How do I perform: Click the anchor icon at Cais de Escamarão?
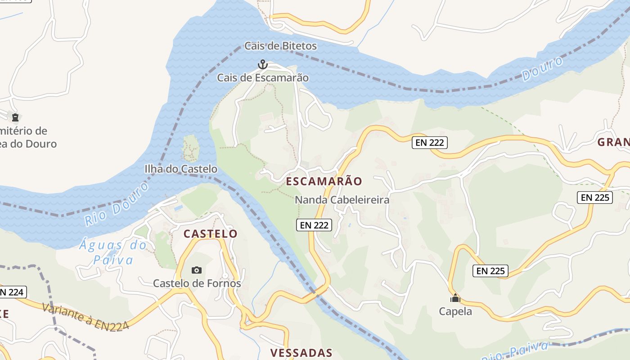[262, 65]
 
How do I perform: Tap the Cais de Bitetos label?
[280, 46]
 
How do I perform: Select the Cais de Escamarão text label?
[263, 78]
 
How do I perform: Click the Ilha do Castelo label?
[181, 169]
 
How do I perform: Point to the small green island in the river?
[191, 148]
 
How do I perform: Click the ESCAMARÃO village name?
[324, 181]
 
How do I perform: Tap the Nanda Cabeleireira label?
[342, 200]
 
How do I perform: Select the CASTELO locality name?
[210, 234]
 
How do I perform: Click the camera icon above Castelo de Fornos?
[197, 270]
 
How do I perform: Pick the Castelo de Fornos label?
[197, 283]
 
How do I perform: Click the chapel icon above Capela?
[455, 298]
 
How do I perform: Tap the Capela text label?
[455, 311]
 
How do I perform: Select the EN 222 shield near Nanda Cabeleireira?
[314, 225]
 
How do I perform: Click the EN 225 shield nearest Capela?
[490, 271]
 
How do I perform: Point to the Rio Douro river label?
[116, 204]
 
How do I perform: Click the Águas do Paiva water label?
[113, 252]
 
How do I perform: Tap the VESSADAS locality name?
[301, 353]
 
